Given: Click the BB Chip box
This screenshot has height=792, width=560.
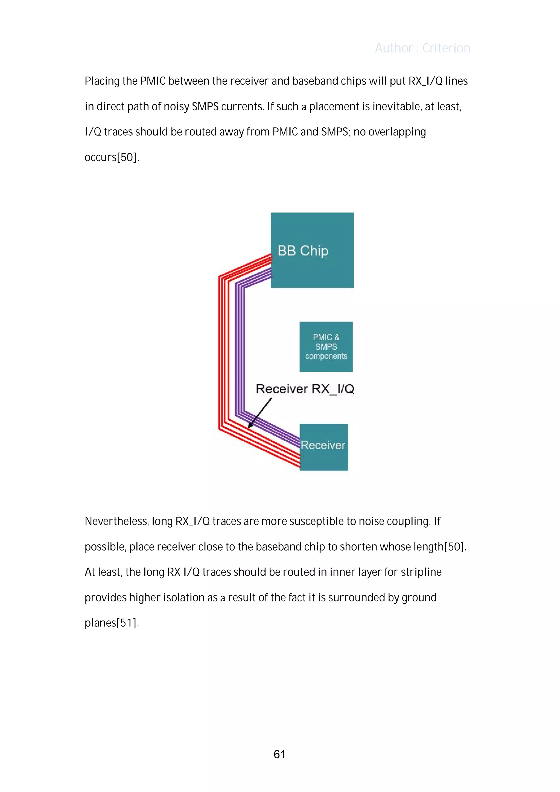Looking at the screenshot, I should [x=312, y=250].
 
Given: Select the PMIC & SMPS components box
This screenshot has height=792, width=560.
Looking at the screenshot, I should [x=326, y=346].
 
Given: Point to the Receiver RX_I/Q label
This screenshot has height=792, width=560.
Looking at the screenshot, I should [x=305, y=389].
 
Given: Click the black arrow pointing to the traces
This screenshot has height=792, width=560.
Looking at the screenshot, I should [x=259, y=413].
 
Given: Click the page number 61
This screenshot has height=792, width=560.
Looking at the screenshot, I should [x=279, y=754].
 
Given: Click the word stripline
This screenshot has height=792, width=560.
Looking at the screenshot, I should [x=421, y=572].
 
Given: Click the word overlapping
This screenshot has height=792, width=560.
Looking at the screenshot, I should [x=397, y=132].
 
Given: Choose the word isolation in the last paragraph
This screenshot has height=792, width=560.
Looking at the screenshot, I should [x=184, y=597].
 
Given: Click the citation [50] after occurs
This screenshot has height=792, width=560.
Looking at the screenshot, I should [x=128, y=157].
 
